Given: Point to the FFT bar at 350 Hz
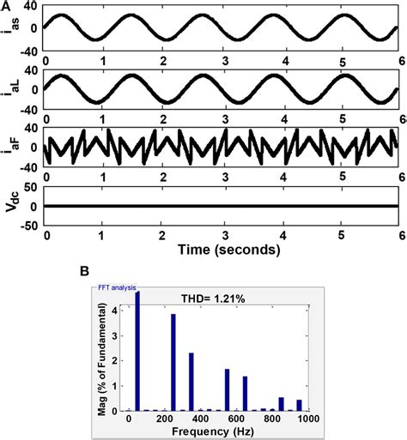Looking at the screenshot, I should pos(191,383).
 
